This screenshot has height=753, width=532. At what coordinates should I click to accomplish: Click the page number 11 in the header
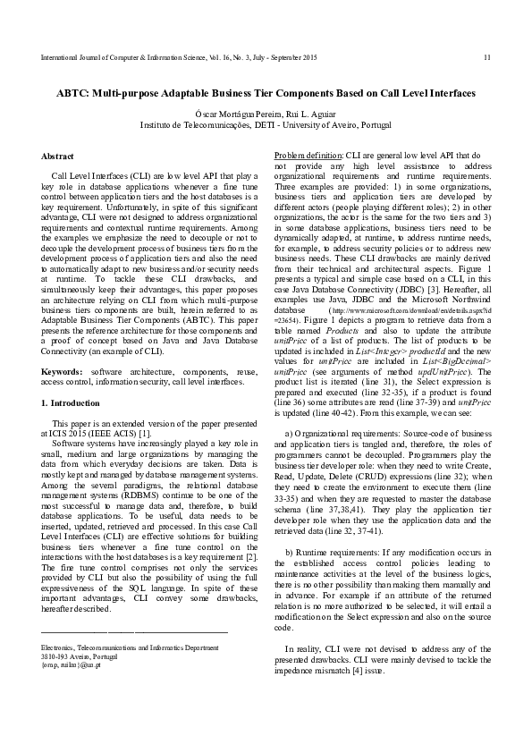click(x=486, y=57)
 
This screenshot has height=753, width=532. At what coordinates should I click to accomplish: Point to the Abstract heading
click(x=58, y=156)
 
